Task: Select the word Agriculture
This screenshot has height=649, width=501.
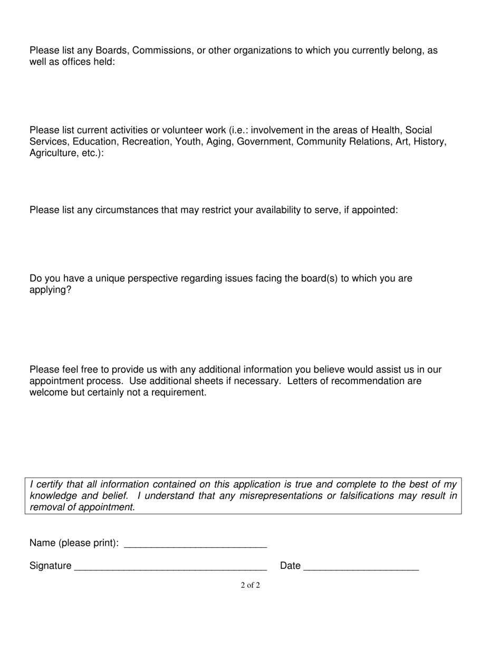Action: point(53,154)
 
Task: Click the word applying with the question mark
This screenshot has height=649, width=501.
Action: point(50,290)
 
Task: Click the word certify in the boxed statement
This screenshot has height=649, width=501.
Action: point(50,484)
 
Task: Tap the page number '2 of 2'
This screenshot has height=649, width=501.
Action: point(250,585)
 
